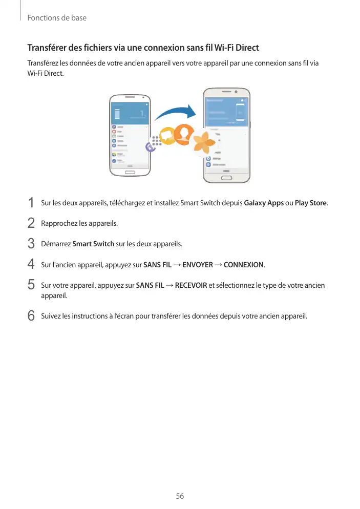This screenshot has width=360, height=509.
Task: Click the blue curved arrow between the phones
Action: pyautogui.click(x=176, y=114)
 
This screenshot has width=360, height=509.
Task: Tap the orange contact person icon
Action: pyautogui.click(x=183, y=134)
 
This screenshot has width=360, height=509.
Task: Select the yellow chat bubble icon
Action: pyautogui.click(x=167, y=136)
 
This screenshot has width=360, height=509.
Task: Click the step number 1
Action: pyautogui.click(x=31, y=203)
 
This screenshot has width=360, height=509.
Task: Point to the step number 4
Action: pyautogui.click(x=31, y=265)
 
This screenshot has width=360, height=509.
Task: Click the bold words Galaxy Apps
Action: pyautogui.click(x=264, y=203)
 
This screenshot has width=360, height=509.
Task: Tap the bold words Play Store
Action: pyautogui.click(x=311, y=203)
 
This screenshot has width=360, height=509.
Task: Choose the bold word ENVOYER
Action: pyautogui.click(x=198, y=265)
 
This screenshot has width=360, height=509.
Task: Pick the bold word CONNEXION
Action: pyautogui.click(x=244, y=265)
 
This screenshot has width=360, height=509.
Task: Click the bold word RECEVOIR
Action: pyautogui.click(x=190, y=285)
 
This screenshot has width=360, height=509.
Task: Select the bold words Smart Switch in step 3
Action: pyautogui.click(x=93, y=244)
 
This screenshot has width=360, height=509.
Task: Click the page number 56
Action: pyautogui.click(x=180, y=497)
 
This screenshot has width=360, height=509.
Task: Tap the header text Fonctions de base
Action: pyautogui.click(x=56, y=18)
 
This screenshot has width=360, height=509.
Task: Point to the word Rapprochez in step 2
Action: pyautogui.click(x=58, y=223)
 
